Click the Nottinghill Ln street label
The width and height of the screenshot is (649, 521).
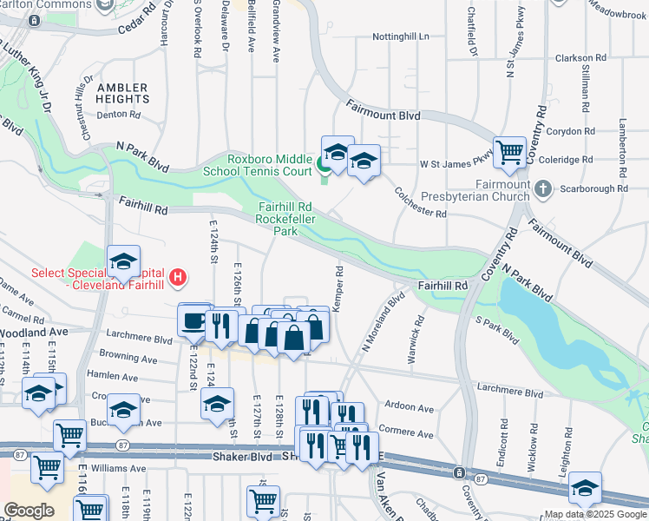[x=400, y=37]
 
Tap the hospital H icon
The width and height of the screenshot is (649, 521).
[x=178, y=279]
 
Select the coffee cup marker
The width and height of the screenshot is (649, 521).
[x=193, y=320]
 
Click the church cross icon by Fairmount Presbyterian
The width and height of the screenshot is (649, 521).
[x=541, y=188]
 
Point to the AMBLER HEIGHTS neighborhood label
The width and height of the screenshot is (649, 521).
[x=122, y=94]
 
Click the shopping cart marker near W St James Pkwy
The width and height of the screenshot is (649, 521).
[x=509, y=152]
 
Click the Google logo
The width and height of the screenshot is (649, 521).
[x=29, y=511]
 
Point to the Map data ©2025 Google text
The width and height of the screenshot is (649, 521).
[x=594, y=514]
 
